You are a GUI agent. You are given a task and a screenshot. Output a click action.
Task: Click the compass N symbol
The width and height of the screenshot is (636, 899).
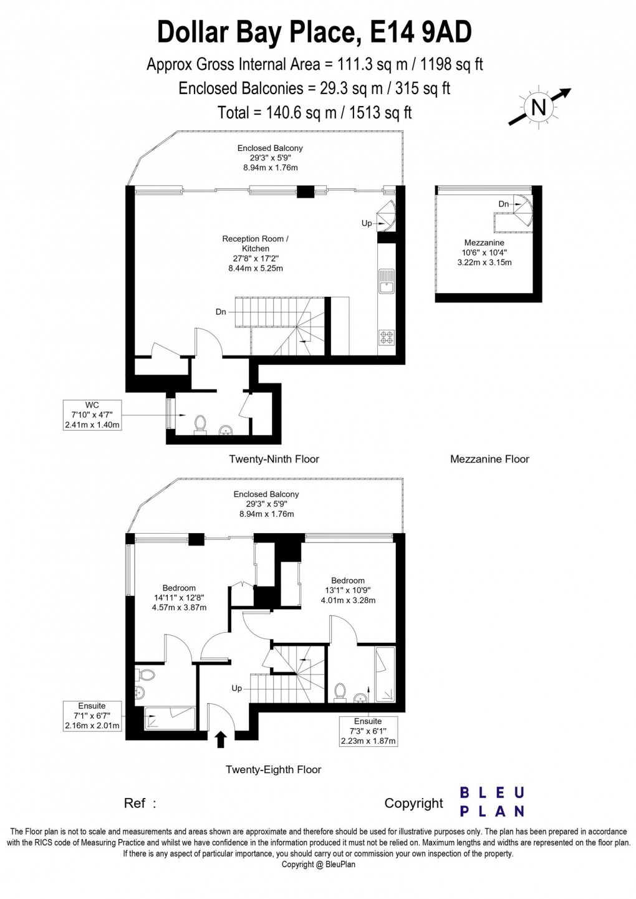537,107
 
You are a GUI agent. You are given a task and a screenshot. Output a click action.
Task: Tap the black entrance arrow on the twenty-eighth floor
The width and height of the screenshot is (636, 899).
220,739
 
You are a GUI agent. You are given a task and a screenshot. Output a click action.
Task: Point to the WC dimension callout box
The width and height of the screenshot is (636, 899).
92,415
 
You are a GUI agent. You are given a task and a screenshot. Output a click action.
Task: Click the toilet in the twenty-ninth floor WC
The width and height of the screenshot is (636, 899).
200,424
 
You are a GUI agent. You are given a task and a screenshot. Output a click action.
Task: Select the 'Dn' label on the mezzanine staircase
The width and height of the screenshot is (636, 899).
503,204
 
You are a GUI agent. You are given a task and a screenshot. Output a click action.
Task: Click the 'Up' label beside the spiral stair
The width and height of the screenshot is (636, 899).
367,223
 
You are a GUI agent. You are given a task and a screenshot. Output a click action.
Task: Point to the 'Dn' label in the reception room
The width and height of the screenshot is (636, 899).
221,312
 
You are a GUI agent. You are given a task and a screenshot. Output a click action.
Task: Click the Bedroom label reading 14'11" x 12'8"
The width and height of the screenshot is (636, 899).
179,597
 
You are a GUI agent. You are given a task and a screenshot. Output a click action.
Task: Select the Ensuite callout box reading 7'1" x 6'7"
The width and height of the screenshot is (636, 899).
92,716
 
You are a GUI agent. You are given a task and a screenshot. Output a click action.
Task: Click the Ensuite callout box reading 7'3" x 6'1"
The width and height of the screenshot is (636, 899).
368,731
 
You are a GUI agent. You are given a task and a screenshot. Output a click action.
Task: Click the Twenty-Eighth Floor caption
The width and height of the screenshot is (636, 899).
273,770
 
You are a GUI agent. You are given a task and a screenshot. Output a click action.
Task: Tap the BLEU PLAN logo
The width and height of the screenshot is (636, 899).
491,802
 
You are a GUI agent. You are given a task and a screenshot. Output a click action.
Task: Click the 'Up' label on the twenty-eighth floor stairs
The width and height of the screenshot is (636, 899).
237,688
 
